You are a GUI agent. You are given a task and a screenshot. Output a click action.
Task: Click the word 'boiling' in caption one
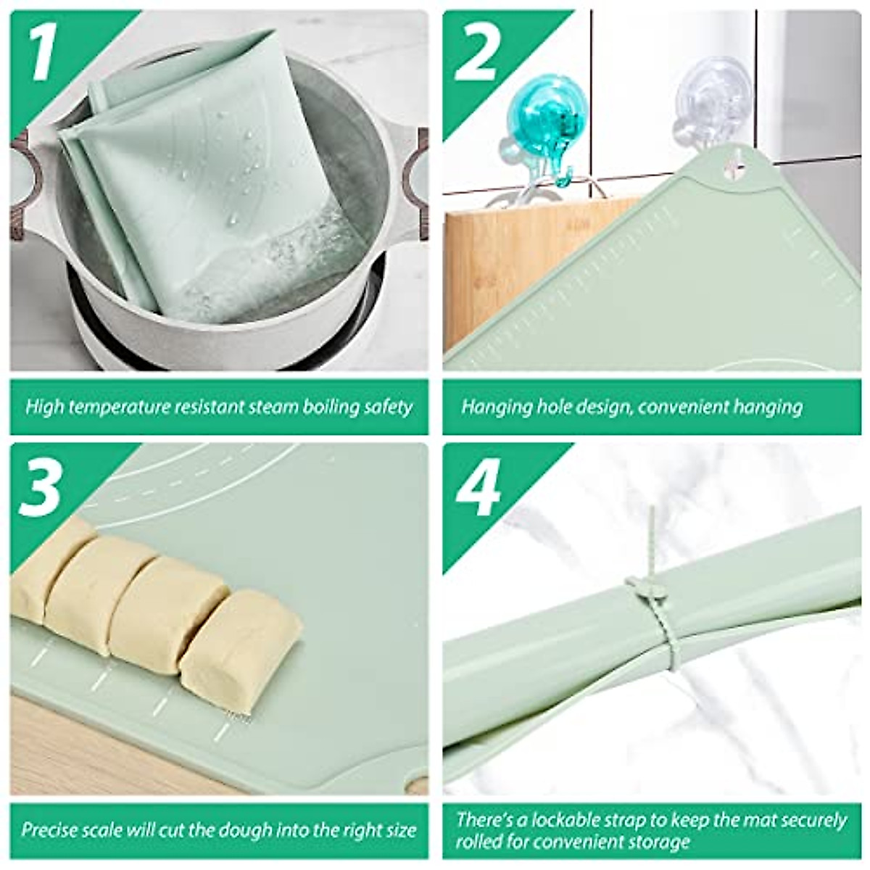pos(329,407)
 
